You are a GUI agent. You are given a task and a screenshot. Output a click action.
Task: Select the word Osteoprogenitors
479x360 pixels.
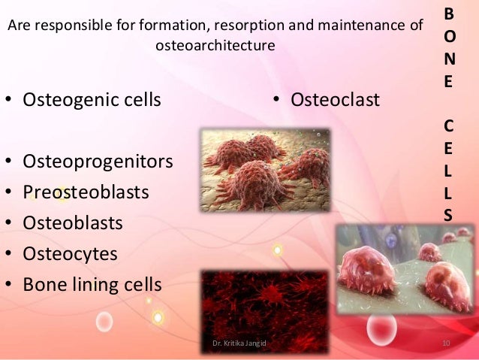point(98,161)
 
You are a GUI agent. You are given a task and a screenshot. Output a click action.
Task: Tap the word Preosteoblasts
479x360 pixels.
point(86,192)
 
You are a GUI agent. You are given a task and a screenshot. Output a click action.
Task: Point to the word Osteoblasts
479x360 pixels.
point(73,223)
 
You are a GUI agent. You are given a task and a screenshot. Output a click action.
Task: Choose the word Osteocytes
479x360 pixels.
point(70,254)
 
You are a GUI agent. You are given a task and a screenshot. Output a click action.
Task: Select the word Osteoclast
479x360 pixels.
point(335,99)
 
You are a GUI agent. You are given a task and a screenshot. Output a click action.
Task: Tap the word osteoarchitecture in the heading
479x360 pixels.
point(215,46)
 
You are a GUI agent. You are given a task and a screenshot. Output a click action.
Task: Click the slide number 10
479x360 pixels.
point(445,344)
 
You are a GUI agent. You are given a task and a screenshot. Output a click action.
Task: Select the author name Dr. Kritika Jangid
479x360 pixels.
point(239,343)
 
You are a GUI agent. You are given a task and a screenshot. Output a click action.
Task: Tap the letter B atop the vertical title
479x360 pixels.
point(448,14)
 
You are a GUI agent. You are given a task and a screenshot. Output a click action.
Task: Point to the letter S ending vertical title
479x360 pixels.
point(448,215)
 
